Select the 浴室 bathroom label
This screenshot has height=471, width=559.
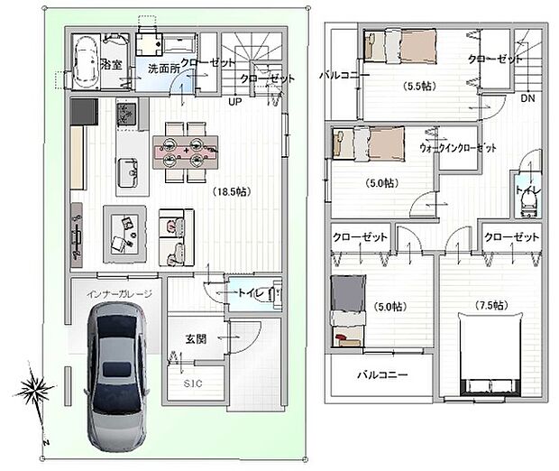(112, 65)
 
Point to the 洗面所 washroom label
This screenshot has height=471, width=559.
(164, 68)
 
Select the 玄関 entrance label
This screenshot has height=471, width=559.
(197, 338)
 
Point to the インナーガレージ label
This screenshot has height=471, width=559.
(119, 294)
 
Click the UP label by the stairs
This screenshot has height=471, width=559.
(234, 101)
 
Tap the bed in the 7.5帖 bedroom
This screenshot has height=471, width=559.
(490, 352)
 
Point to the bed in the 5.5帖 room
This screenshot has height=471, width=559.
(401, 44)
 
